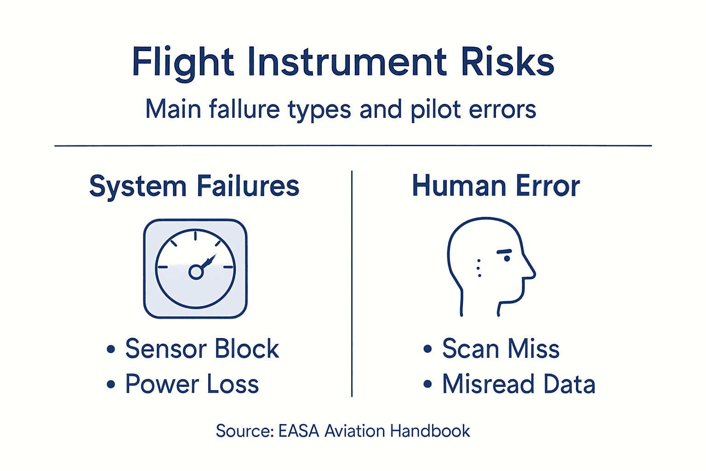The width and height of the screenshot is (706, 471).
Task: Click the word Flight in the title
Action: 183,63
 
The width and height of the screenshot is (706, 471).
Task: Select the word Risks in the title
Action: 507,62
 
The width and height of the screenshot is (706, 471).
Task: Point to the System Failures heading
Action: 194,186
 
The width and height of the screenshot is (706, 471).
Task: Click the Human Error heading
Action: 495,186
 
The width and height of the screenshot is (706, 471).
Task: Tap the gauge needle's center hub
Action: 196,272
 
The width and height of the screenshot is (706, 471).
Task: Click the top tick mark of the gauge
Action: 195,236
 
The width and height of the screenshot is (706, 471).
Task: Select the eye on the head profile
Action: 507,258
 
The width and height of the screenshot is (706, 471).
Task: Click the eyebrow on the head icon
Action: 504,251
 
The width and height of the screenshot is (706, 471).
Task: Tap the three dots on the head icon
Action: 479,268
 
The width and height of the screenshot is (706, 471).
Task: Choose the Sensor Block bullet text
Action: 202,349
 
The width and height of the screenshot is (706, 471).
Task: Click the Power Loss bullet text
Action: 192,384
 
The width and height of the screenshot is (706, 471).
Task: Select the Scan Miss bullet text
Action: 501,349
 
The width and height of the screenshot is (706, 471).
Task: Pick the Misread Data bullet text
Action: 518,384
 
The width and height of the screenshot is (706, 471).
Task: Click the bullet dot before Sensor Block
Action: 110,349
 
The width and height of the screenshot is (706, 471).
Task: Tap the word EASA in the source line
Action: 299,431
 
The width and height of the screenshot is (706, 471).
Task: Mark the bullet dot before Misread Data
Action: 427,384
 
